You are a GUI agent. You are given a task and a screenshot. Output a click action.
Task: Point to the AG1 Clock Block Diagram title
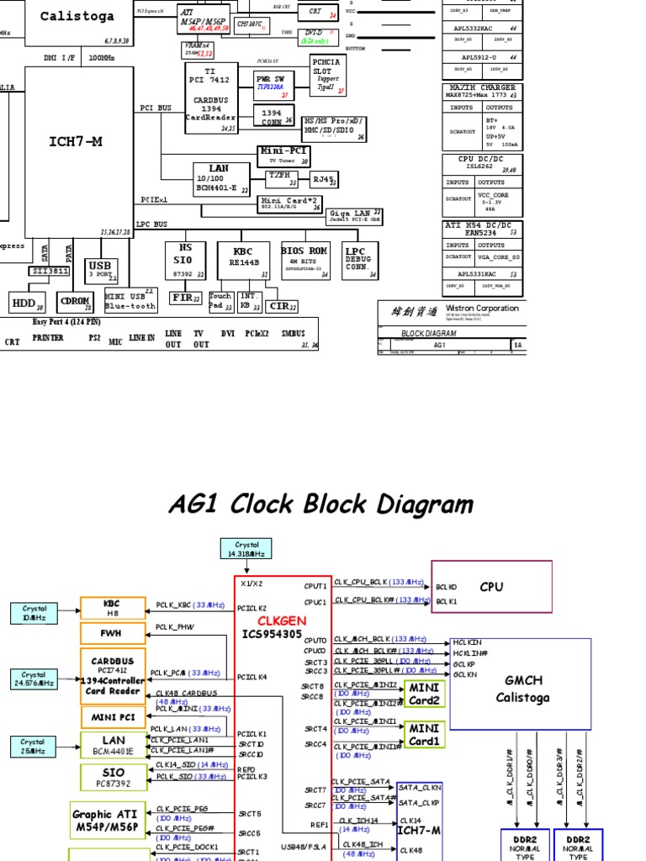coord(321,504)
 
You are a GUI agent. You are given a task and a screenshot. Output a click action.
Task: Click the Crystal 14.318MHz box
coord(246,548)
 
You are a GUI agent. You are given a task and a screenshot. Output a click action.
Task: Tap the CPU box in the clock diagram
coord(491,586)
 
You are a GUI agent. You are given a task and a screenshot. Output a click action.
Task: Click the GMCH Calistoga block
coord(521,689)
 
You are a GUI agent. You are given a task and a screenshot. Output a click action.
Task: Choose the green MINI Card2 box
coord(425,695)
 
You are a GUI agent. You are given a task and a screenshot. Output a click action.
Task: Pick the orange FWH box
coord(113,633)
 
